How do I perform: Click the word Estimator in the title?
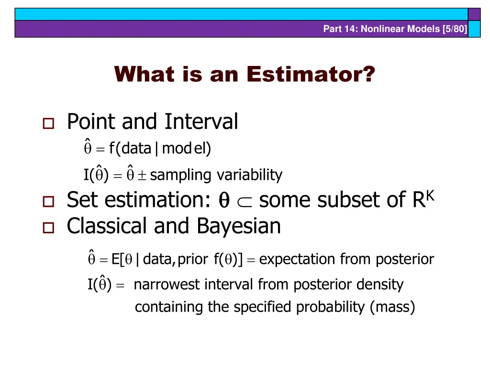click(311, 74)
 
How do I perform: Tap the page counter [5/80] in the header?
click(455, 29)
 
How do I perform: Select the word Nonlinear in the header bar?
click(383, 29)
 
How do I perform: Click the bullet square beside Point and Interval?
click(48, 123)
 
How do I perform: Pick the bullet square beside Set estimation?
click(48, 202)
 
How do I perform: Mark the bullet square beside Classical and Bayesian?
click(48, 227)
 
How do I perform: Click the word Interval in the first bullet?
click(201, 121)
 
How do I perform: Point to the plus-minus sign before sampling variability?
click(142, 175)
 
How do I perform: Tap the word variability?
click(249, 175)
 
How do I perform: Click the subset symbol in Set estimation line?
click(245, 202)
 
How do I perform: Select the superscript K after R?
click(430, 195)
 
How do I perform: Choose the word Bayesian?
click(239, 226)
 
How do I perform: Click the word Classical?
click(107, 226)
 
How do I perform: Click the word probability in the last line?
click(330, 307)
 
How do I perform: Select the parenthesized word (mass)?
click(392, 307)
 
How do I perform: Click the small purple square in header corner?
click(474, 14)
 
